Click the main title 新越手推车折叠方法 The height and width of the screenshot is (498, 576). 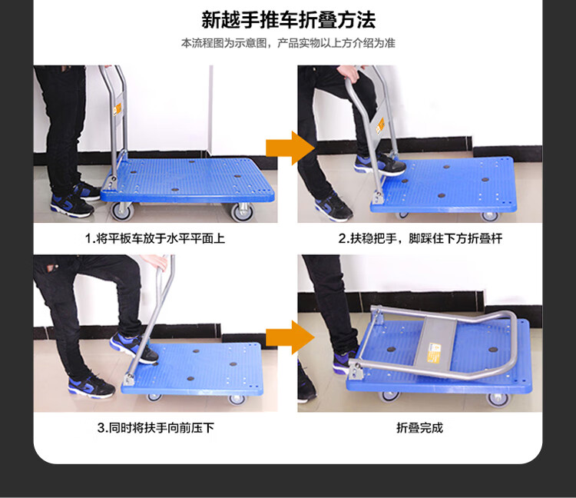point(288,20)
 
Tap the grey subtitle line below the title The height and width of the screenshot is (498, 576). point(288,43)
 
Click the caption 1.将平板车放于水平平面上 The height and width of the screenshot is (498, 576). point(155,238)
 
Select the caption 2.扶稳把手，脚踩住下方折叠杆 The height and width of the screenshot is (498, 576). point(420,238)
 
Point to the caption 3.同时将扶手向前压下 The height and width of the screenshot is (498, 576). point(156,428)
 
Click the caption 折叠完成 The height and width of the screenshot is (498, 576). point(420,428)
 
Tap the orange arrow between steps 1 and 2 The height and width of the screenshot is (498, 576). point(290,148)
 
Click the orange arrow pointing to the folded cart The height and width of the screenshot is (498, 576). point(290,337)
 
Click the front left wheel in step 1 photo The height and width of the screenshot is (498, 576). point(122,211)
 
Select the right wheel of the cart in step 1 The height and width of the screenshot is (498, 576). point(242,212)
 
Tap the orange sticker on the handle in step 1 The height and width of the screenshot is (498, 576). point(118,109)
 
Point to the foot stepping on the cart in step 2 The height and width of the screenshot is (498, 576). point(380,164)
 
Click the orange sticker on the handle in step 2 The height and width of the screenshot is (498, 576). point(380,126)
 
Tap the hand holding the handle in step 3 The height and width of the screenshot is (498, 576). point(155,261)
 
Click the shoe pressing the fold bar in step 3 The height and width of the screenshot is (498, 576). point(134,347)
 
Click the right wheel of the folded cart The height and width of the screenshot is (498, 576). point(498,399)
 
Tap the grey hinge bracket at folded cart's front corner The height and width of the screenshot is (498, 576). point(356,370)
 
